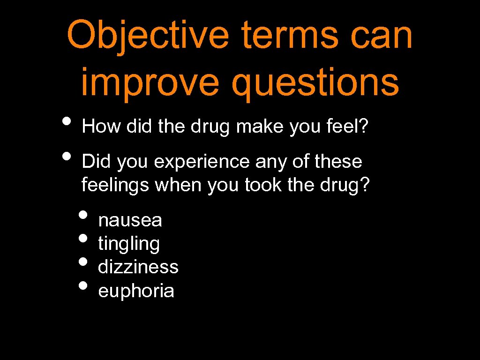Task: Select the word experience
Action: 202,162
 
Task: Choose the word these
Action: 338,162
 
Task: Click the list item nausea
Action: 130,220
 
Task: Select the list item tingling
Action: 129,244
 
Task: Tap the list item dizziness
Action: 138,267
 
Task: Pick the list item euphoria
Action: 136,291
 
